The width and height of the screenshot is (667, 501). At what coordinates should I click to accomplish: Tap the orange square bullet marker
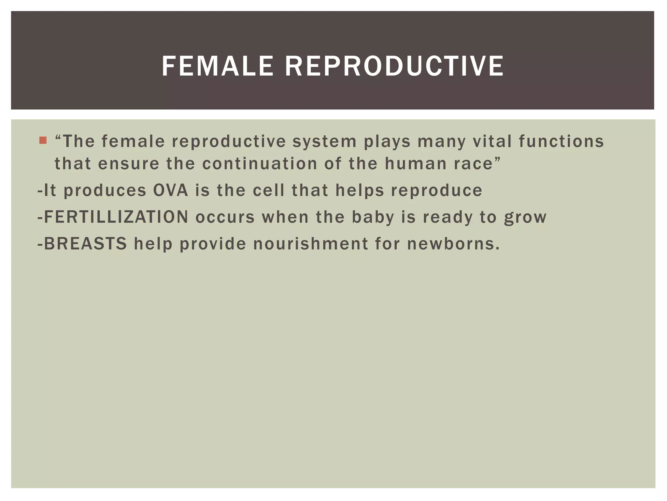click(x=43, y=141)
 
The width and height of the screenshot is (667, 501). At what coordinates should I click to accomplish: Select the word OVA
click(x=171, y=190)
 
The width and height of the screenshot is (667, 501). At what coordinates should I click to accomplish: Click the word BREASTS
click(x=85, y=244)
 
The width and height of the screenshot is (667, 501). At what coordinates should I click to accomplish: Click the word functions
click(x=561, y=142)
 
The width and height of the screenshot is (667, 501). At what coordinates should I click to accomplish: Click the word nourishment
click(x=310, y=244)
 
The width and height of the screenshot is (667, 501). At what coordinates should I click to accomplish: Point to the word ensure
click(x=129, y=164)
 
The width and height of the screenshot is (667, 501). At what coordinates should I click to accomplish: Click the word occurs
click(x=225, y=217)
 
